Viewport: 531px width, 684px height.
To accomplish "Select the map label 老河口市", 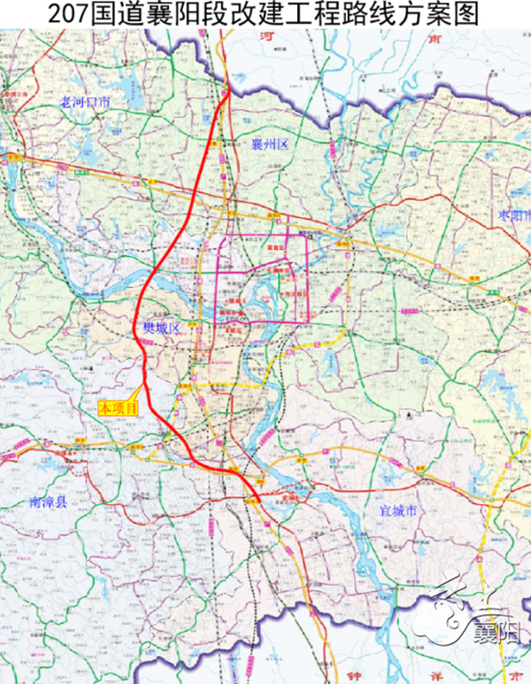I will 85,102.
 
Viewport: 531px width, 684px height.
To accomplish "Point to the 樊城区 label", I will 162,329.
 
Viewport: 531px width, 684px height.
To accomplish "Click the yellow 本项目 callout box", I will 119,408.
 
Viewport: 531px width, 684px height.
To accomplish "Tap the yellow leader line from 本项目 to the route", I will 137,393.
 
